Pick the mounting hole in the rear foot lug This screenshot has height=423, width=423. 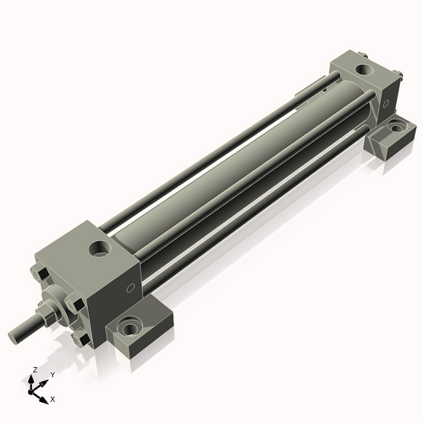(393, 130)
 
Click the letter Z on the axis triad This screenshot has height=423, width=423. (33, 371)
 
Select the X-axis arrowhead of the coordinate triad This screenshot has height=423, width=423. (45, 395)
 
